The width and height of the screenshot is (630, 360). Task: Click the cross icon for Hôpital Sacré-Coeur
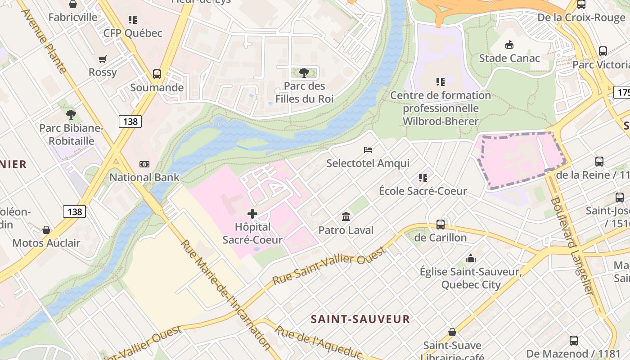(252, 214)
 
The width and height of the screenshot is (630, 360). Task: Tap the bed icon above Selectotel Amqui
(368, 149)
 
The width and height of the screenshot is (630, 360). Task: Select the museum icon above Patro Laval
(346, 217)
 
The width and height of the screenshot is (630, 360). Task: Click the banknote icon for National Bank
(144, 164)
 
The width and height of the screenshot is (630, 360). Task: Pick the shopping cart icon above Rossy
(103, 59)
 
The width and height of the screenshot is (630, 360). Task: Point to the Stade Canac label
(509, 58)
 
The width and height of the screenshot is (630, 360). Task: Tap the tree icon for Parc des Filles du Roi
(304, 72)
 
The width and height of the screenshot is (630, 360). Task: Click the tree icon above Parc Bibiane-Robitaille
(71, 115)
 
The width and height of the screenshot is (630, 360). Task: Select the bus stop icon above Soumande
(157, 74)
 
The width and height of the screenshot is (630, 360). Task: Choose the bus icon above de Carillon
(441, 224)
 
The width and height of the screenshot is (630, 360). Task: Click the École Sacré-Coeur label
(423, 191)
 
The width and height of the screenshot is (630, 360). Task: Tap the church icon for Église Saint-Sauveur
(471, 258)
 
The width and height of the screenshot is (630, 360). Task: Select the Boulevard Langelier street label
(572, 246)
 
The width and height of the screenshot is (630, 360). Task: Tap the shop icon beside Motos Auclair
(46, 230)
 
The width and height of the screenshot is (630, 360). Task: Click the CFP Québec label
(132, 33)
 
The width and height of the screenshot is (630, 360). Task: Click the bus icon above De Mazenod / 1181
(573, 341)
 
